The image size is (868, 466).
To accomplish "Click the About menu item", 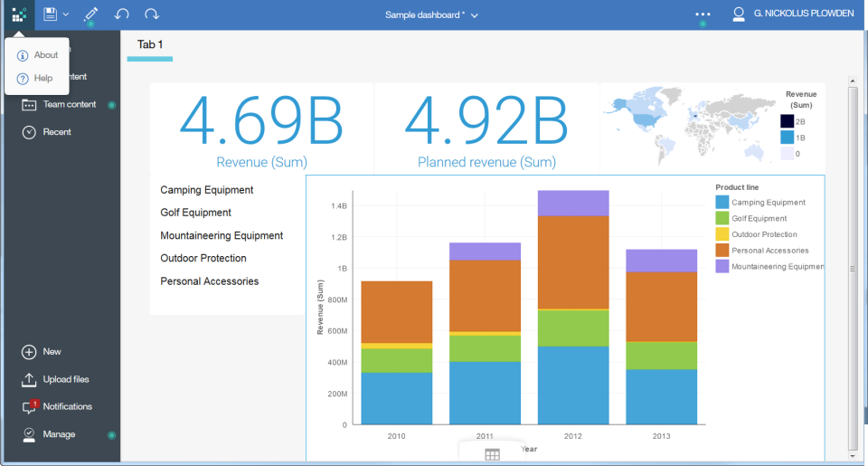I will pos(45,55).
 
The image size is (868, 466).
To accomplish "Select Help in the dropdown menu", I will pos(42,79).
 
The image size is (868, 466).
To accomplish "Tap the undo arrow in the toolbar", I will pos(122,14).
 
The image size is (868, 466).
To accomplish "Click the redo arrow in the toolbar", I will pos(152,14).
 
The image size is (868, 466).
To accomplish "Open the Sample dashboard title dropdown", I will pos(431,14).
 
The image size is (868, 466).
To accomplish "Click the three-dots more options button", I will pos(703,14).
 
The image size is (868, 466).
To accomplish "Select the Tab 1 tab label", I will pos(150,44).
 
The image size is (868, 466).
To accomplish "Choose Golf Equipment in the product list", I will pos(195,213).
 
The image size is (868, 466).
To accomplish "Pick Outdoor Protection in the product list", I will pos(203,258).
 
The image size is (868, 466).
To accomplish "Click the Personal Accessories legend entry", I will pos(769,251).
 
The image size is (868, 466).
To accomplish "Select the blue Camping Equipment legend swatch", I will pos(722,203).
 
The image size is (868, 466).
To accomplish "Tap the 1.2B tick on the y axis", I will pos(338,237).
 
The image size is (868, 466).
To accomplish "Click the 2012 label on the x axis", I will pos(573,436).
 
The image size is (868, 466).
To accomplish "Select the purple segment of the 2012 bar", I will pos(573,204).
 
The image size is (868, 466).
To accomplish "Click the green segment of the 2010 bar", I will pos(396,360).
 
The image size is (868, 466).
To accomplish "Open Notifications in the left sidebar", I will pos(67,407).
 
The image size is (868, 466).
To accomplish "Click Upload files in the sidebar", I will pos(65,379).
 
